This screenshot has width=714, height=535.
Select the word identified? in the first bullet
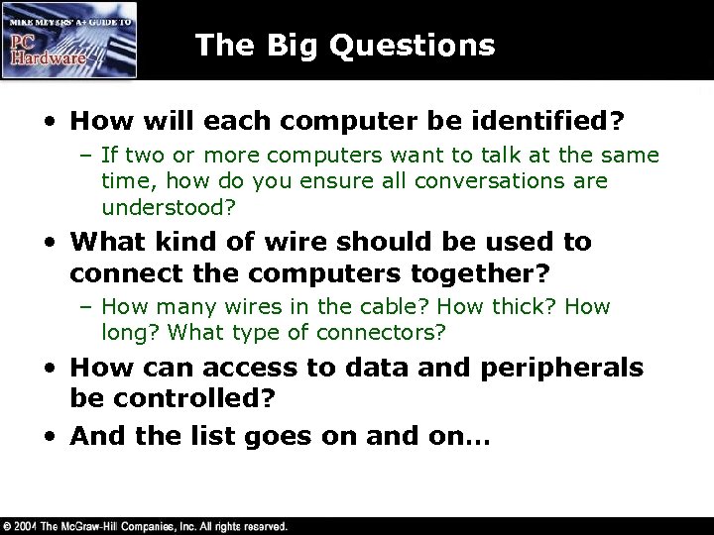pos(561,120)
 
